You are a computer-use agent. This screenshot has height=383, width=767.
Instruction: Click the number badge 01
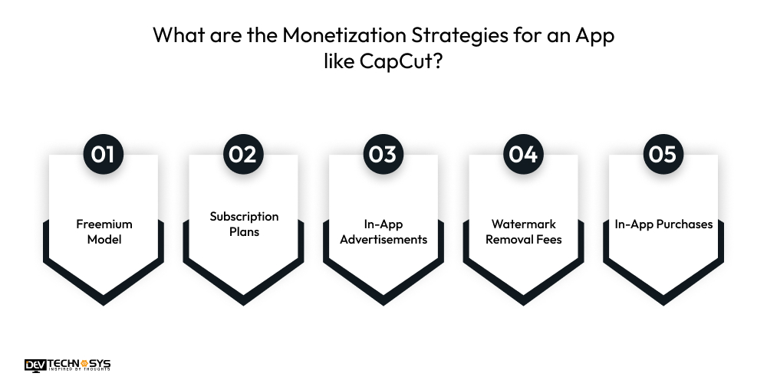pyautogui.click(x=103, y=154)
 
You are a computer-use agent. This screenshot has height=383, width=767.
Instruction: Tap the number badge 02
pyautogui.click(x=243, y=154)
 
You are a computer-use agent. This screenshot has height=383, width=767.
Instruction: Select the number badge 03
pyautogui.click(x=383, y=154)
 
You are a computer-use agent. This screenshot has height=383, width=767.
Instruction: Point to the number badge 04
pyautogui.click(x=523, y=154)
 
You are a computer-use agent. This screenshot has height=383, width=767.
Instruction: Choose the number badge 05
pyautogui.click(x=663, y=154)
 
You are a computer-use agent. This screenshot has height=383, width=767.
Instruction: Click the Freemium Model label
pyautogui.click(x=104, y=231)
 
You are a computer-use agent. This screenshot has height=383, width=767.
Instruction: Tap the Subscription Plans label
pyautogui.click(x=244, y=224)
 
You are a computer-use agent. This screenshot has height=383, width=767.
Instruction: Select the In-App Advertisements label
pyautogui.click(x=383, y=231)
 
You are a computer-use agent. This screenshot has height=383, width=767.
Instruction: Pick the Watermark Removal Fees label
pyautogui.click(x=524, y=231)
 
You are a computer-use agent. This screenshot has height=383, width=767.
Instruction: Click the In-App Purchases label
pyautogui.click(x=663, y=224)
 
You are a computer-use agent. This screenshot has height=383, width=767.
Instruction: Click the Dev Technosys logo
pyautogui.click(x=67, y=365)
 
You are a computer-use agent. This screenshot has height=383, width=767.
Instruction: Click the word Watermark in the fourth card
pyautogui.click(x=524, y=224)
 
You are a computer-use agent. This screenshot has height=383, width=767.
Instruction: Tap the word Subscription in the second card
pyautogui.click(x=244, y=217)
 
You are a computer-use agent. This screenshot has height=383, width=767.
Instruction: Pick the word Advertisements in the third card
pyautogui.click(x=383, y=239)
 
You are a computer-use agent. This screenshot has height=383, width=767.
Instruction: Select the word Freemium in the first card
pyautogui.click(x=104, y=224)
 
